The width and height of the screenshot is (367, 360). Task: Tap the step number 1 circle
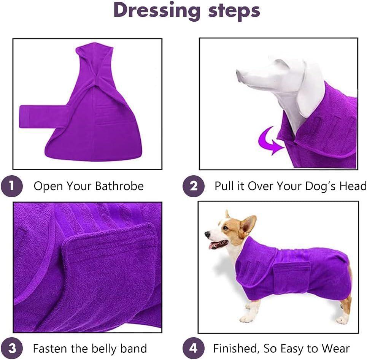tap(12, 186)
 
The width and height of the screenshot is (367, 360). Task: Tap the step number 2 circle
tap(194, 186)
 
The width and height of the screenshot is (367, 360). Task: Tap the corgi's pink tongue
tap(211, 246)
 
